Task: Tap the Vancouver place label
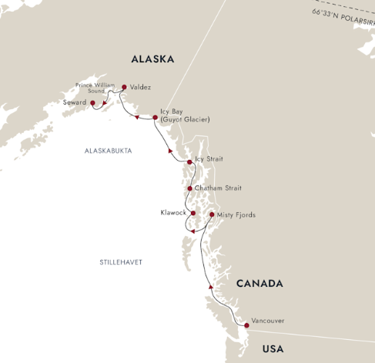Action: coord(268,321)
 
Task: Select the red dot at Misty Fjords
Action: coord(211,215)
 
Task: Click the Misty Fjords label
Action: coord(236,215)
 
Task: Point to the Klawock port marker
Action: coord(193,213)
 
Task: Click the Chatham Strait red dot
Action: coord(189,188)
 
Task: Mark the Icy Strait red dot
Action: coord(189,162)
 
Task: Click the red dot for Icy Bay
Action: coord(155,118)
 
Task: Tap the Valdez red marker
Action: coord(124,87)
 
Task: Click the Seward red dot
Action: coord(92,102)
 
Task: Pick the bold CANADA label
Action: coord(259,284)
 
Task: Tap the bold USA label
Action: coord(273,349)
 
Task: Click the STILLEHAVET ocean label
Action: coord(121,262)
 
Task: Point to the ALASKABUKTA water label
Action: coord(109,151)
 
